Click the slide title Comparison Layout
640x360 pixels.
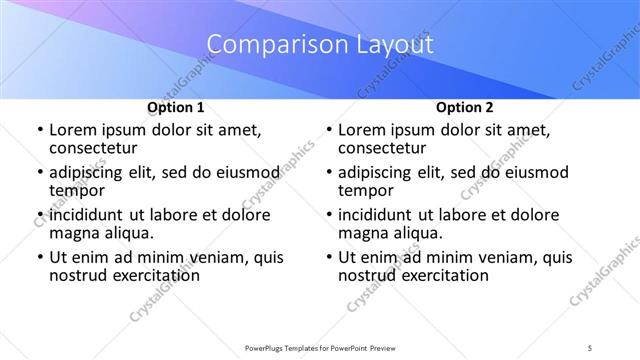tap(320, 45)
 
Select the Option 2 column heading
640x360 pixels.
tap(464, 106)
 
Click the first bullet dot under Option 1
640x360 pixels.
tap(39, 131)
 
